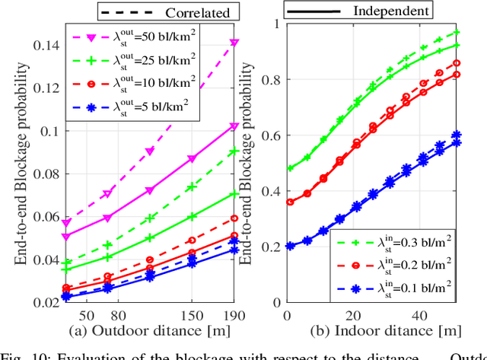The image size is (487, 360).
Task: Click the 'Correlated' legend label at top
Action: click(190, 12)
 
